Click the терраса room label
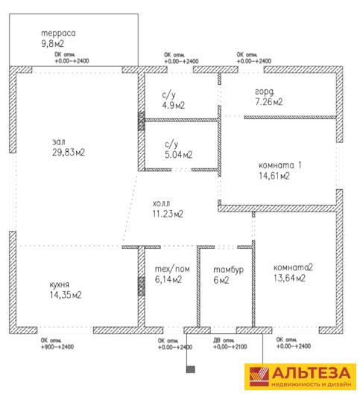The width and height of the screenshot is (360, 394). (58, 34)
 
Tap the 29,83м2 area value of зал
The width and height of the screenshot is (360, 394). (69, 152)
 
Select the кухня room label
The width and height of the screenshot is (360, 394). (59, 285)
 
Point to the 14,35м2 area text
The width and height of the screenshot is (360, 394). (66, 295)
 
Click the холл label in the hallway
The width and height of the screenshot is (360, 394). (161, 203)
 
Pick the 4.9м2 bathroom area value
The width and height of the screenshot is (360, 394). (173, 105)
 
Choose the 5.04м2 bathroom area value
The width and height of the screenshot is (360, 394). (178, 154)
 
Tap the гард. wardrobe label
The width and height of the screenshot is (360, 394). (265, 92)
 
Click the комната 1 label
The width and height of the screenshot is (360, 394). (280, 165)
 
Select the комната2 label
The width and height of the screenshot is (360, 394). (293, 267)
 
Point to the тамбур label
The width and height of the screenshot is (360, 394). (228, 270)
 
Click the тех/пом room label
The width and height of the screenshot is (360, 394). (172, 269)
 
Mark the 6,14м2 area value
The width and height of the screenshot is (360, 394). (168, 279)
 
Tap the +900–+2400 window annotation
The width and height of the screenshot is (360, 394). (57, 347)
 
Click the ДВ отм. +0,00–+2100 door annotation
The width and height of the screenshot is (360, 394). (230, 344)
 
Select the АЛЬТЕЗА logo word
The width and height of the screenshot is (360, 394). (311, 373)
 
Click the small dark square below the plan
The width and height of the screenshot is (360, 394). (191, 369)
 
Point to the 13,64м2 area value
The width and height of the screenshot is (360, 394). (289, 278)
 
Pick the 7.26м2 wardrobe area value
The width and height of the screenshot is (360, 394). (269, 102)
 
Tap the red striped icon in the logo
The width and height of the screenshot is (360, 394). (259, 377)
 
